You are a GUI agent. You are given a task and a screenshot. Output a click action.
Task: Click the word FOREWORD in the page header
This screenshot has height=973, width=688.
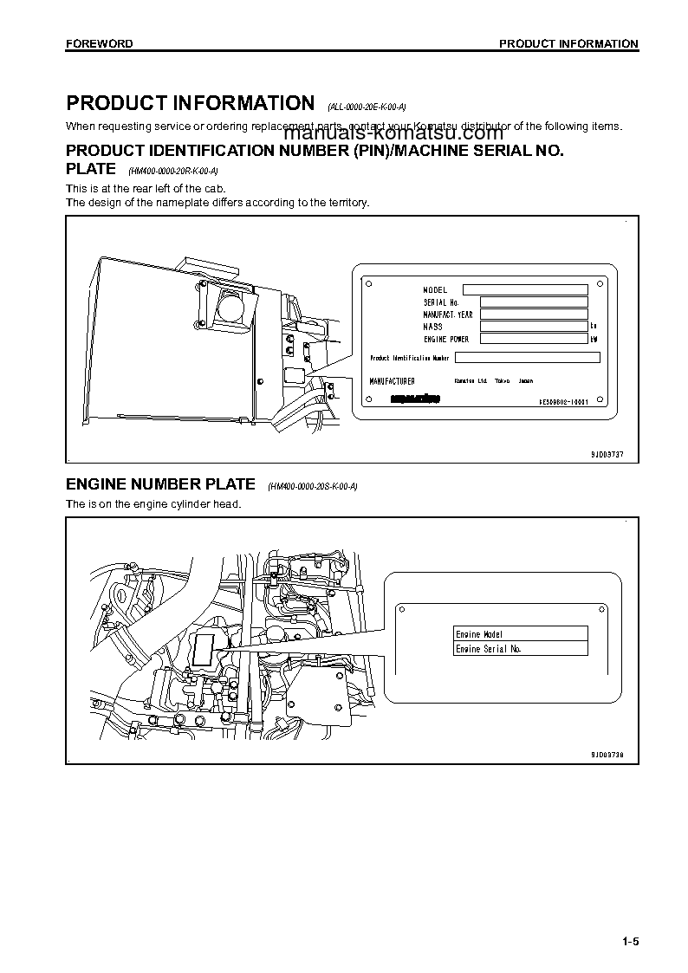coord(100,43)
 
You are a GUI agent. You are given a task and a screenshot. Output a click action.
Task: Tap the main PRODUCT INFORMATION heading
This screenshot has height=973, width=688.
coord(191,104)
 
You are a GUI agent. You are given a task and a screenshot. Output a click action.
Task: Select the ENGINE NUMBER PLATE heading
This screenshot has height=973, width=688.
coord(161,484)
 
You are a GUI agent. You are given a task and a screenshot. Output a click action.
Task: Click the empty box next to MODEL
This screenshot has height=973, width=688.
coord(525,289)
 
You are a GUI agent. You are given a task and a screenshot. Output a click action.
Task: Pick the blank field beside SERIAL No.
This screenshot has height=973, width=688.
coord(533,302)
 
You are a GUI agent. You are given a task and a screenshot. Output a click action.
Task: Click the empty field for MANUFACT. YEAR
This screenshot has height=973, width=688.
coord(533,315)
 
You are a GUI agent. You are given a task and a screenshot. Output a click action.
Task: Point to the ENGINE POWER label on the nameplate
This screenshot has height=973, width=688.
coord(446,340)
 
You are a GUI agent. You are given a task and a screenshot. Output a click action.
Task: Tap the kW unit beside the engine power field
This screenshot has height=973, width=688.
coord(594,340)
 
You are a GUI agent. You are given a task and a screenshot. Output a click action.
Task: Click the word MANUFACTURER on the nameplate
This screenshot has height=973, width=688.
coord(392,381)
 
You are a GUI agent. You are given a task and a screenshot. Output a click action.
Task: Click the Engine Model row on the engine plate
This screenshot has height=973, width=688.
coord(521,634)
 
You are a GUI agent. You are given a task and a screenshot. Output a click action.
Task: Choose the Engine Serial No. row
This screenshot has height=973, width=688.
coord(521,649)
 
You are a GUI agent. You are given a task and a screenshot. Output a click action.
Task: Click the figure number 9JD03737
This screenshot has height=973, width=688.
coord(601,454)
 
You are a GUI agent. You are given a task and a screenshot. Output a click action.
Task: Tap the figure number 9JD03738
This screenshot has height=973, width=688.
coord(601,755)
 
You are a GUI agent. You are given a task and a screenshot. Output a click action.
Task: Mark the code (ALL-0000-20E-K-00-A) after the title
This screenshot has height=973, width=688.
coord(367,107)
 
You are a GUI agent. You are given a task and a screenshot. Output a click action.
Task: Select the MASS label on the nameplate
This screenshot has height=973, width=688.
coord(432,327)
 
